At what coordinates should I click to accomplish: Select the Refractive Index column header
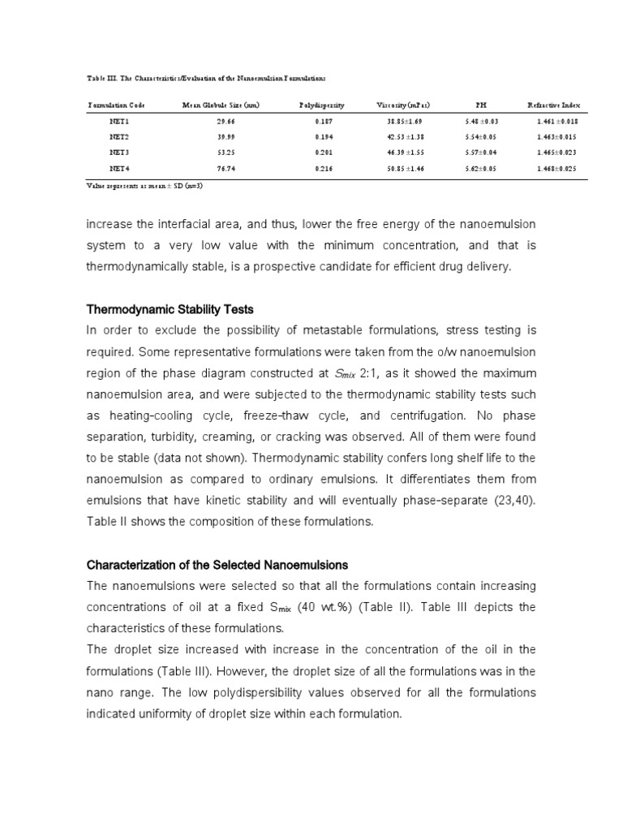click(559, 105)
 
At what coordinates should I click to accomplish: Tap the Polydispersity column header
click(321, 105)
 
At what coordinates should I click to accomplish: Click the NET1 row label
click(119, 121)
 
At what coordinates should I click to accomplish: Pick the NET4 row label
click(119, 168)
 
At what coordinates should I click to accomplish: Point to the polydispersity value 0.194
click(323, 136)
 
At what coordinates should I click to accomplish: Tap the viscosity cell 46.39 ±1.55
click(406, 153)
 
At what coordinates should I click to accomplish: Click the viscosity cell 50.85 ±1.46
click(406, 168)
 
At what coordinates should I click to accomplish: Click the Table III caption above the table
click(206, 78)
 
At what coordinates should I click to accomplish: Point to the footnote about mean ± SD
click(150, 185)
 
